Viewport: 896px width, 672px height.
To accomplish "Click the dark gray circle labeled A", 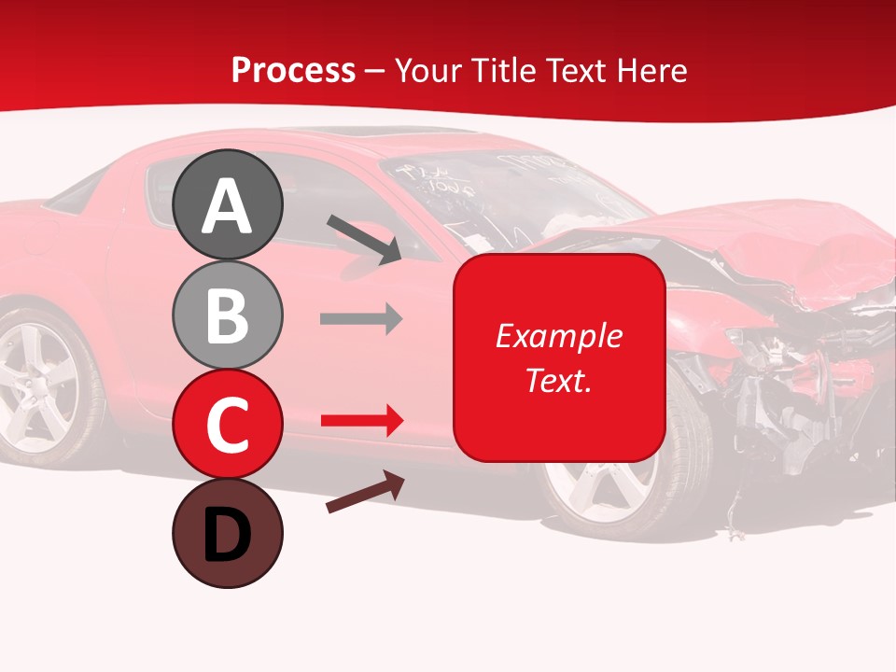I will (x=227, y=205).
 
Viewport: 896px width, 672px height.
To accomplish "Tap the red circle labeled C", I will (x=227, y=424).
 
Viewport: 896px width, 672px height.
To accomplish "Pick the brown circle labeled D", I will (x=227, y=533).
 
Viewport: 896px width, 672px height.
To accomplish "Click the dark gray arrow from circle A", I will (x=364, y=239).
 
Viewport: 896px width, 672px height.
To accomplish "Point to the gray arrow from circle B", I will (x=360, y=319).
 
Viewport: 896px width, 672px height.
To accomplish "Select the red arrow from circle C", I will (x=360, y=422).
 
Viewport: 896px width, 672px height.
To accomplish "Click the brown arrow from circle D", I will (x=365, y=493).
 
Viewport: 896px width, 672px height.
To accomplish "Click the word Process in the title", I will (x=293, y=70).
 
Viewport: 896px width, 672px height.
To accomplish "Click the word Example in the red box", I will (x=558, y=336).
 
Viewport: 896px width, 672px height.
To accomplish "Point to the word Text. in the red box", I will (x=558, y=380).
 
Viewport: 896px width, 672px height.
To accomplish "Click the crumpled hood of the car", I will (x=747, y=243).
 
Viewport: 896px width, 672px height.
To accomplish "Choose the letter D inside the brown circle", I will (x=227, y=535).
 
